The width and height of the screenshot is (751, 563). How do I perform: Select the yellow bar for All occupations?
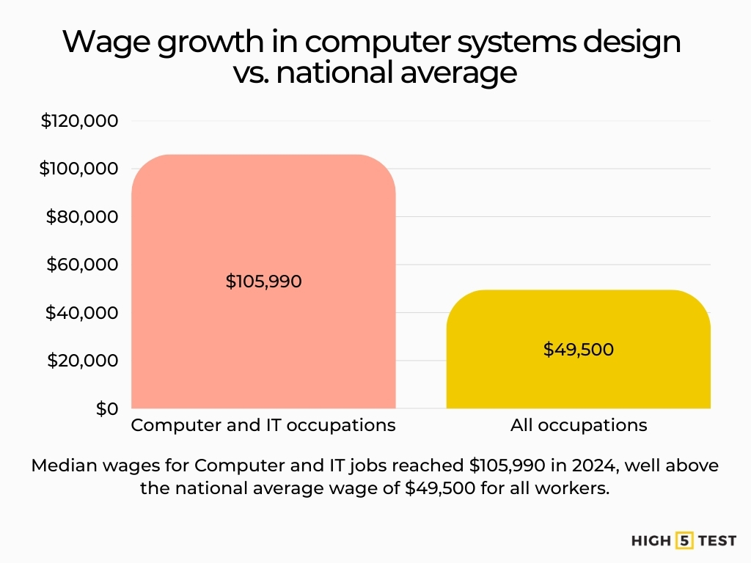tap(578, 381)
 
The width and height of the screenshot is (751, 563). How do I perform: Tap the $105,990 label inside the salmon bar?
tap(263, 281)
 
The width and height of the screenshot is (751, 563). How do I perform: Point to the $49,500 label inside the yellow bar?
tap(578, 350)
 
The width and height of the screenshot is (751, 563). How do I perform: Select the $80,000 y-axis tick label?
tap(82, 217)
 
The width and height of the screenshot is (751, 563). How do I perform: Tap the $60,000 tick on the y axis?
tap(82, 265)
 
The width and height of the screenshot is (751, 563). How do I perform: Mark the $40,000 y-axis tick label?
tap(82, 313)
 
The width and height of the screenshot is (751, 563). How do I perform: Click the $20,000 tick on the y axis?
tap(82, 361)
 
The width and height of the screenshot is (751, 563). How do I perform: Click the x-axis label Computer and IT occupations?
tap(263, 425)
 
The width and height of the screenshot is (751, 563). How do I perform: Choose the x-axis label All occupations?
tap(578, 425)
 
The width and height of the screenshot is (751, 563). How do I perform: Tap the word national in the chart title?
tap(340, 73)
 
